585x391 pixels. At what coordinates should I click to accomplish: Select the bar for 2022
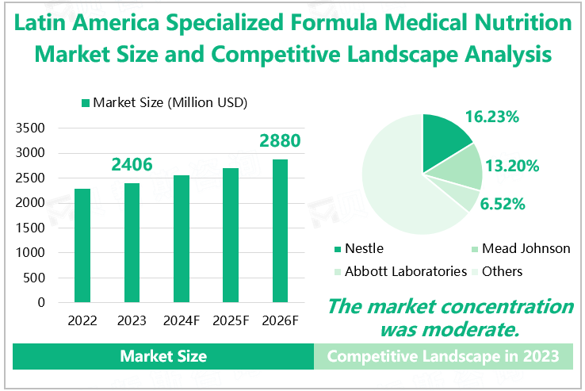[x=82, y=245]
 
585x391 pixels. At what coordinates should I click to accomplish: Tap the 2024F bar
[x=182, y=238]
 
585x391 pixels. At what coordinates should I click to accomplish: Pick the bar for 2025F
[x=231, y=235]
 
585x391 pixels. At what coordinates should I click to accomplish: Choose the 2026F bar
[x=280, y=230]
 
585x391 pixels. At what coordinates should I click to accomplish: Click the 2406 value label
[x=132, y=165]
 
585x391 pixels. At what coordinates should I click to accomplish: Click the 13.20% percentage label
[x=513, y=166]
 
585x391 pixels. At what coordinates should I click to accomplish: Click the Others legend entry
[x=502, y=271]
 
